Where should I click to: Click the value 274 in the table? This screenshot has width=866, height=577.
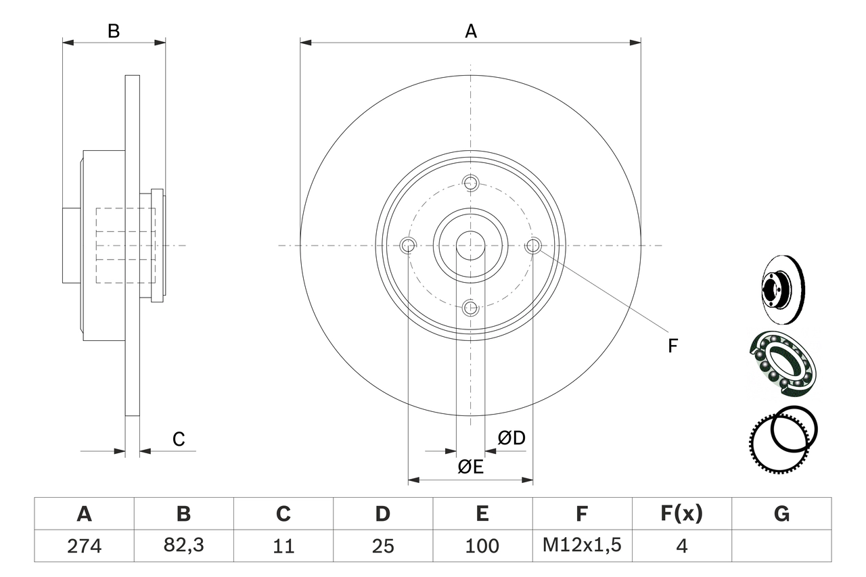tap(84, 546)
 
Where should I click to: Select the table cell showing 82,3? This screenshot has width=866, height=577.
tap(183, 546)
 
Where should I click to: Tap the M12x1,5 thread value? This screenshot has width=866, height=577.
tap(582, 546)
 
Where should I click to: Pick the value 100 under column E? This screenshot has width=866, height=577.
tap(482, 546)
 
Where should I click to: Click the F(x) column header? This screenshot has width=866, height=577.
tap(681, 514)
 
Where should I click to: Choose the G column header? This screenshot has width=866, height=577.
tap(781, 514)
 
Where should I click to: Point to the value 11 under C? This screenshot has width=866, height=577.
tap(283, 546)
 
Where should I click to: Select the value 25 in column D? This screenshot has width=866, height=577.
tap(383, 546)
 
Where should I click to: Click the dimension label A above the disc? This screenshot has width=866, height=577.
tap(470, 31)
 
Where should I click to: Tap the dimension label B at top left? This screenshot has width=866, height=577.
tap(114, 31)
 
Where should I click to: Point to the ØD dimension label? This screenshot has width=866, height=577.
tap(511, 438)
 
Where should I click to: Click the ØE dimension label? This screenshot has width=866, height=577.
tap(470, 467)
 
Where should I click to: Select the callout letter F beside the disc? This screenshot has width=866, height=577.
tap(672, 346)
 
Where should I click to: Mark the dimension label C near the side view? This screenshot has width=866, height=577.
tap(178, 440)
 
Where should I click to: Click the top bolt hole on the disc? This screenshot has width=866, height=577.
tap(471, 183)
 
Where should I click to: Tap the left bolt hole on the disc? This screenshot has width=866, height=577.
tap(408, 246)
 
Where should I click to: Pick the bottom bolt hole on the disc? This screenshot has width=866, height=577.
tap(471, 308)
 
